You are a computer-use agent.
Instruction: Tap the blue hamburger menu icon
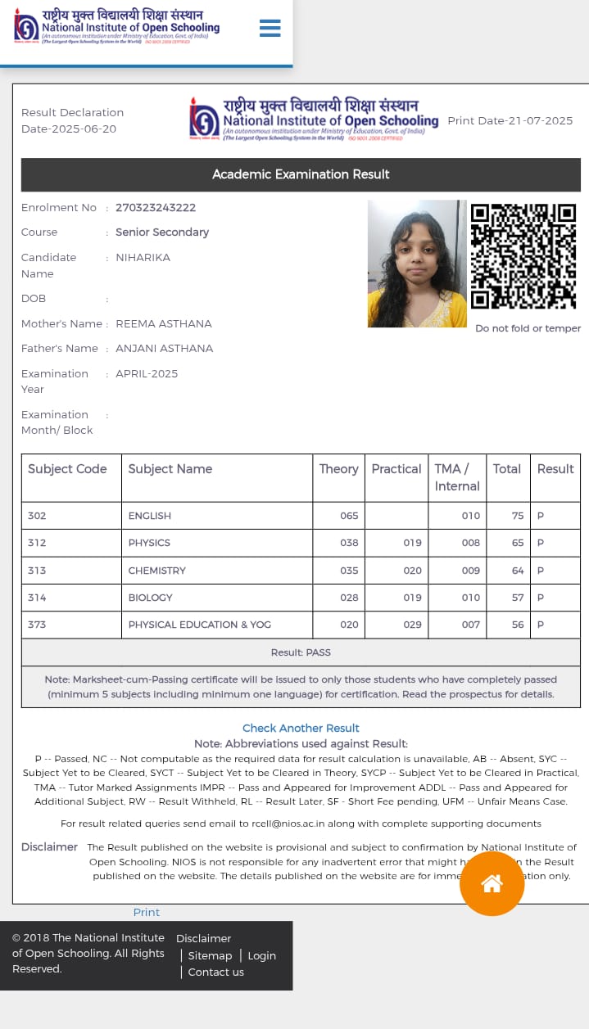270,29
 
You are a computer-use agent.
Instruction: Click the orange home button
492,883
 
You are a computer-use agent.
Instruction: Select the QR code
523,256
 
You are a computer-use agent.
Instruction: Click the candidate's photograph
417,264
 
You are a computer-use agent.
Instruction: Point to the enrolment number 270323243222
156,208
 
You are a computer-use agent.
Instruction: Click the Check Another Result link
301,728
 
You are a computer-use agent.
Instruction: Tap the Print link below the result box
147,912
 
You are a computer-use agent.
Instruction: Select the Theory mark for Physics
349,543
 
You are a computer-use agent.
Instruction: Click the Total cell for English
517,516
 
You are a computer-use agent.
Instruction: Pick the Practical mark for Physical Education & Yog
412,625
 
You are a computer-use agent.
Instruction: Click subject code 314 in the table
37,598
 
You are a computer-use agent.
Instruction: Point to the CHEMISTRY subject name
157,571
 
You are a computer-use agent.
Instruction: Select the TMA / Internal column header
456,477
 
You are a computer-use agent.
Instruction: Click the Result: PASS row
301,652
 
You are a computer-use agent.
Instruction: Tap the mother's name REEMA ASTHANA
164,323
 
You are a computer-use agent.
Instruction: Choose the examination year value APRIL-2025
147,373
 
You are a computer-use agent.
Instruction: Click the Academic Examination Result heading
301,174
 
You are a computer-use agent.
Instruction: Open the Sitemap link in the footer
210,955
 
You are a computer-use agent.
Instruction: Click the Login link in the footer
261,955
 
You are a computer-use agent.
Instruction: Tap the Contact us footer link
215,972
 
